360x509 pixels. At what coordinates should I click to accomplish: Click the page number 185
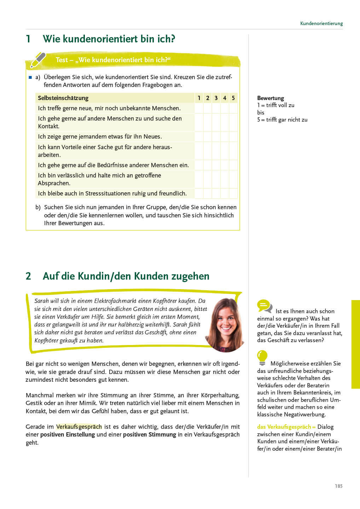pos(338,486)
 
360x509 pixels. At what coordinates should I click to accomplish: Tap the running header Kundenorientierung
pos(321,23)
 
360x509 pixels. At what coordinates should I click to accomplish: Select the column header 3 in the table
pos(216,98)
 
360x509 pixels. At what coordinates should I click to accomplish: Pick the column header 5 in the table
pos(233,98)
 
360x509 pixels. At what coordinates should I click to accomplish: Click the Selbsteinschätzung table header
pos(63,98)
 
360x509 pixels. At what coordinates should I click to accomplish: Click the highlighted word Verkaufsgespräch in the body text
pos(79,427)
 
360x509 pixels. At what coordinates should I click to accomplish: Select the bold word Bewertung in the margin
pos(271,98)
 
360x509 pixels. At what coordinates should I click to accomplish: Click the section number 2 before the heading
pos(28,276)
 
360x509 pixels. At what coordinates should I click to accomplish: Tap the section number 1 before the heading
pos(28,39)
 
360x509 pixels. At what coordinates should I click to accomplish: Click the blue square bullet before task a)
pos(30,77)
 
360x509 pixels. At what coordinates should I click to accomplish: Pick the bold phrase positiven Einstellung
pos(68,434)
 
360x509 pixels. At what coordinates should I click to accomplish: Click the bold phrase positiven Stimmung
pos(149,434)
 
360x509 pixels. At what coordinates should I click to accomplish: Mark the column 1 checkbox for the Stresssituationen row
pos(199,193)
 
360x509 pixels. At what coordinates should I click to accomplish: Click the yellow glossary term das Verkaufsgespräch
pos(284,427)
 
